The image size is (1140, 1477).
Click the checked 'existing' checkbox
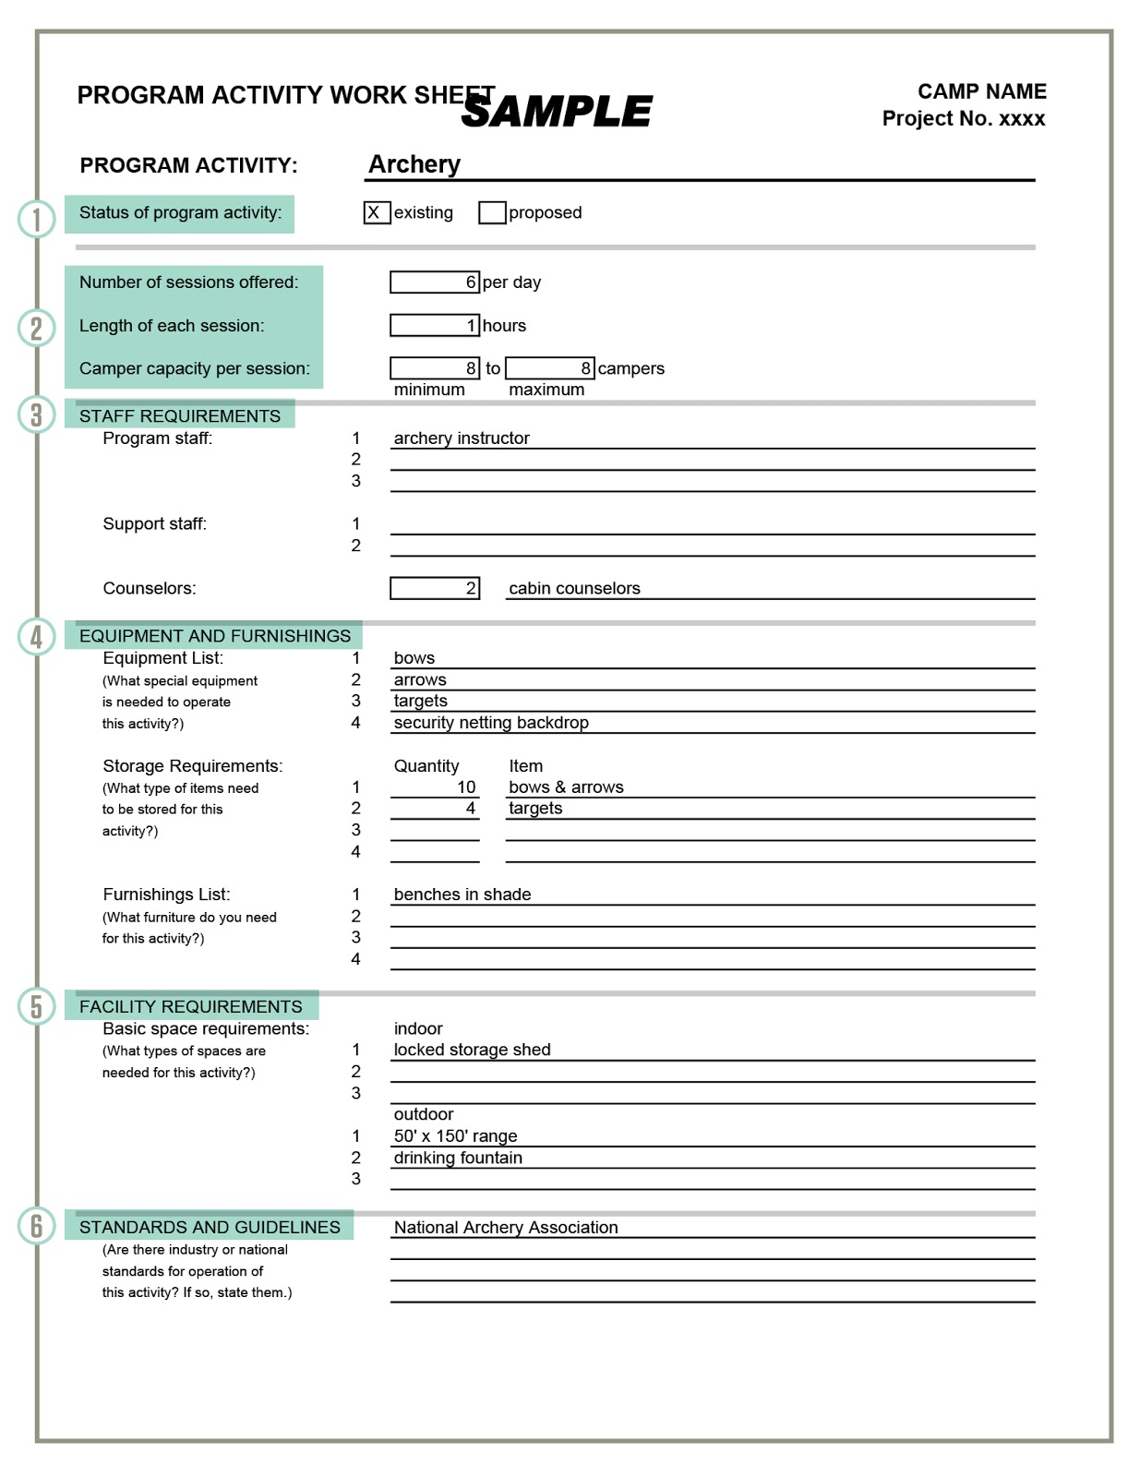tap(376, 212)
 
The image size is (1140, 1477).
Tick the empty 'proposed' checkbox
tap(492, 212)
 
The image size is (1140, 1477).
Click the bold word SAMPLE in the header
tap(557, 112)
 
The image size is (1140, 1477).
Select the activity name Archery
tap(414, 164)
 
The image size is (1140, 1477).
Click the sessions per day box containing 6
tap(434, 282)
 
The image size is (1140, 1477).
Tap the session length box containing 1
tap(434, 325)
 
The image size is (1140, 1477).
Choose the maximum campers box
tap(549, 368)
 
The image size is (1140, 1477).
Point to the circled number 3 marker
tap(36, 414)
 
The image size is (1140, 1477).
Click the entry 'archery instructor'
tap(462, 438)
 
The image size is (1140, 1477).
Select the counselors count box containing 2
tap(434, 588)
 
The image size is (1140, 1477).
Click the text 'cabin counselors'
tap(574, 588)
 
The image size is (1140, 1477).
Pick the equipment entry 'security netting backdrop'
tap(491, 723)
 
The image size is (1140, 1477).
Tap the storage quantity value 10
tap(466, 787)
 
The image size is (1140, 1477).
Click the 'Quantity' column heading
tap(426, 766)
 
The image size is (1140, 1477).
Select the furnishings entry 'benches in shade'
tap(462, 895)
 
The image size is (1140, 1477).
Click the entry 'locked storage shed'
tap(472, 1050)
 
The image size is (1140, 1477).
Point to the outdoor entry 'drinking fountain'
tap(458, 1158)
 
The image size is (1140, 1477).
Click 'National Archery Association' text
tap(506, 1227)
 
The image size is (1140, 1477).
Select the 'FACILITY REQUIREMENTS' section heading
tap(191, 1006)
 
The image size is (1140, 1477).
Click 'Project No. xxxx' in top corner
tap(963, 119)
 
